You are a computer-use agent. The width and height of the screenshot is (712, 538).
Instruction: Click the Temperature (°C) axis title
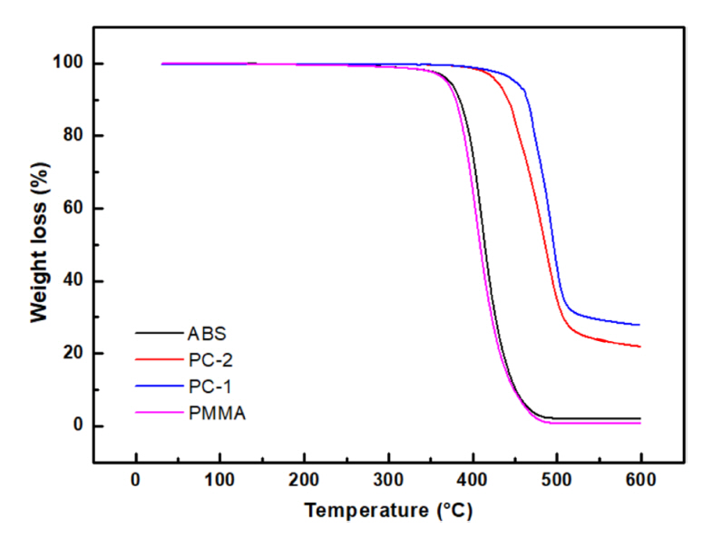coord(388,511)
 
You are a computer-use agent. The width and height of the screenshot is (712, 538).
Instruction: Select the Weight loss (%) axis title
coord(39,245)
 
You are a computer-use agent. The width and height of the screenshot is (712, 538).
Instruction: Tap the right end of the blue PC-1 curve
coord(639,325)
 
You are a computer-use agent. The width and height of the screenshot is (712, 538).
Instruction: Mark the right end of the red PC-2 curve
coord(639,347)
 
